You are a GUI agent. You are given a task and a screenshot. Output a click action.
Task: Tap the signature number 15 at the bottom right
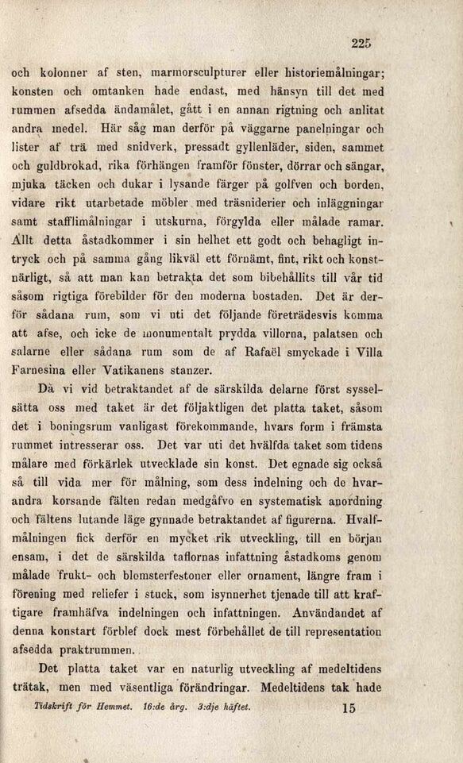pyautogui.click(x=346, y=711)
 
